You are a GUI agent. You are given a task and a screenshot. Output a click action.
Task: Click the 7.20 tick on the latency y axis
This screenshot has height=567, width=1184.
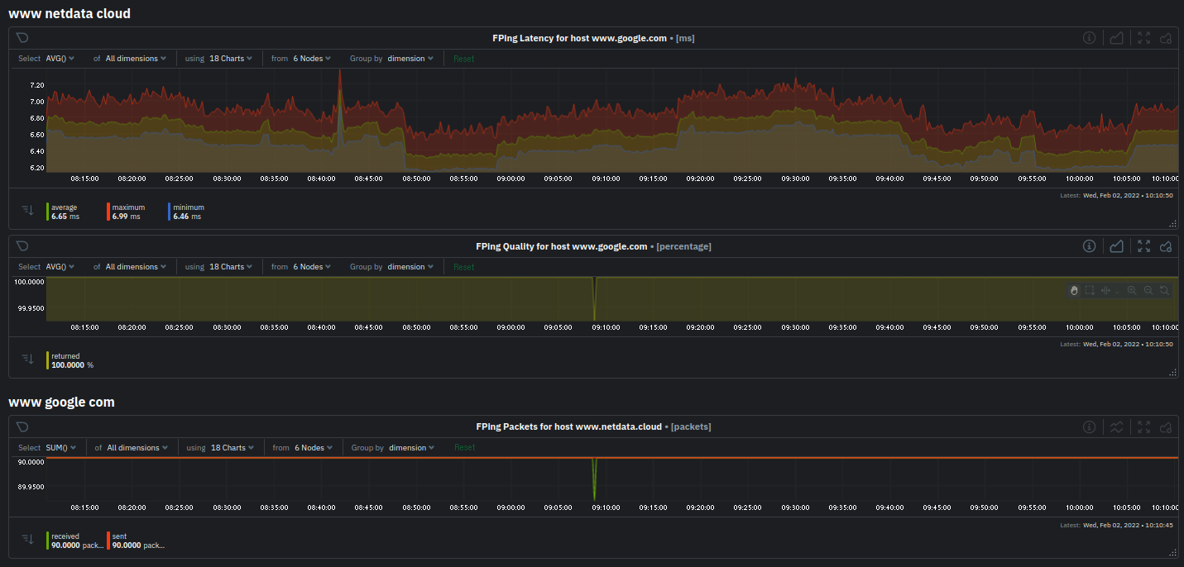36,85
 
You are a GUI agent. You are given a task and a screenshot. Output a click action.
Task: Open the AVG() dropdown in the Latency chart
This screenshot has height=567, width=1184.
60,59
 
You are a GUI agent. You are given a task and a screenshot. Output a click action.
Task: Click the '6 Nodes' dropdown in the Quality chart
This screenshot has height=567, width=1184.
311,267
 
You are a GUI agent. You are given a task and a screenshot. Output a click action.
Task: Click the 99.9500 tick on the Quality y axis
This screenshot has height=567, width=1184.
31,308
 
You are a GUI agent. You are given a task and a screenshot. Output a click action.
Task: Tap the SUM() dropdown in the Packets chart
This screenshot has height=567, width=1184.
60,448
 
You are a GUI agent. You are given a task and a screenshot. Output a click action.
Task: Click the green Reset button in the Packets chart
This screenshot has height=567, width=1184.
464,448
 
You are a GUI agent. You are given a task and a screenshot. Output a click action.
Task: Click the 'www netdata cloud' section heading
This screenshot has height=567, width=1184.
70,14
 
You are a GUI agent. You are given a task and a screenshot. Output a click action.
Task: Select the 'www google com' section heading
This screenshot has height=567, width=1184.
61,403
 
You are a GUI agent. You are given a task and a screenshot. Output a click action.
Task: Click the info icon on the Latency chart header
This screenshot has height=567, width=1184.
1090,38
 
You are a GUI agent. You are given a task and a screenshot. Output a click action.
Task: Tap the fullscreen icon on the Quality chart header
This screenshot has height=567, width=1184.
1143,246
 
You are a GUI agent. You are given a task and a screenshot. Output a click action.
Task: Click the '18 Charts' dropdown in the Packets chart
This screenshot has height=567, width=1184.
228,448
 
